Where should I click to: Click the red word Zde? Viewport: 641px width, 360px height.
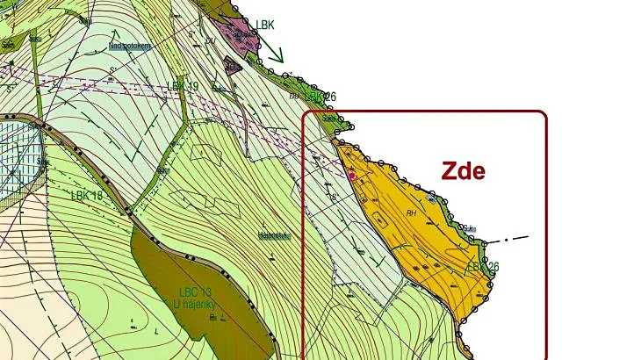[x=463, y=170]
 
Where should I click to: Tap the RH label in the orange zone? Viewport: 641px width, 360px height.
[x=410, y=212]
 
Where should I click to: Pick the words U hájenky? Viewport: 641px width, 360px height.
[x=195, y=305]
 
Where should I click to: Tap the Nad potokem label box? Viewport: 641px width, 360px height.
[x=129, y=46]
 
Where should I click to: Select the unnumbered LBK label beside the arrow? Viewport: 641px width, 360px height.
[x=265, y=25]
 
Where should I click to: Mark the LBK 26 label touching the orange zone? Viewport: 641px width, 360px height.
[x=482, y=266]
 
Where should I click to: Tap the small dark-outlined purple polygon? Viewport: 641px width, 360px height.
[x=233, y=65]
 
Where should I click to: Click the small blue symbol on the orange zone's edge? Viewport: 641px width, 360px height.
[x=429, y=199]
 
